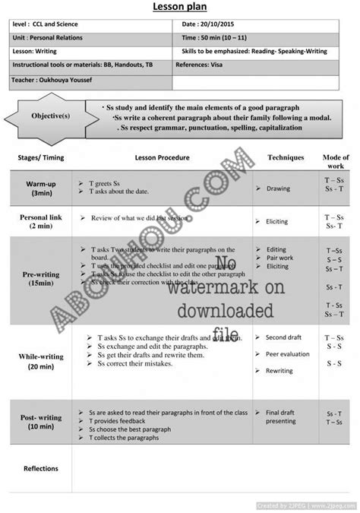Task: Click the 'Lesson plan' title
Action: (x=180, y=7)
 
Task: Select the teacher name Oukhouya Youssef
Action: (x=62, y=78)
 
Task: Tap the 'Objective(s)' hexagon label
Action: (x=51, y=117)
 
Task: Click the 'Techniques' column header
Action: (x=286, y=158)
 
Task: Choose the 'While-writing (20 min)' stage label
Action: (x=41, y=361)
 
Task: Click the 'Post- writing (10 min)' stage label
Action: (x=41, y=422)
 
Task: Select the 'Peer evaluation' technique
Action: (x=287, y=354)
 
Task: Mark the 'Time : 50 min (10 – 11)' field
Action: (x=218, y=36)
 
